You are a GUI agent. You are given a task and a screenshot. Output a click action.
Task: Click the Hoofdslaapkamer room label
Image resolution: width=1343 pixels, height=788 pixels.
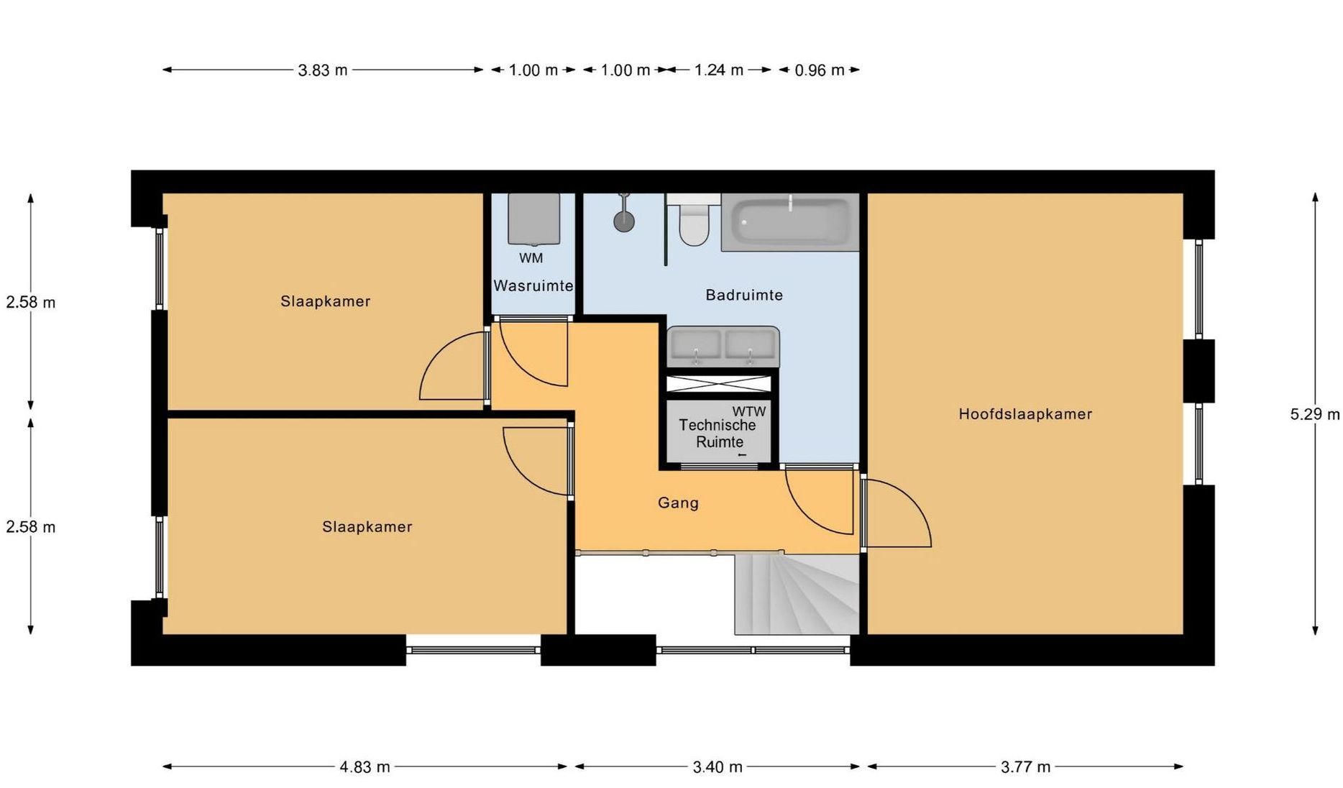click(x=1025, y=414)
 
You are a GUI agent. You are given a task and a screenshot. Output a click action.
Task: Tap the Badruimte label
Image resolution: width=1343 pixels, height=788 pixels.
click(x=744, y=295)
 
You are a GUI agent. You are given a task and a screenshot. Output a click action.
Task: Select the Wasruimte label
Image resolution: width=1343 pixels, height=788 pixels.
click(x=533, y=285)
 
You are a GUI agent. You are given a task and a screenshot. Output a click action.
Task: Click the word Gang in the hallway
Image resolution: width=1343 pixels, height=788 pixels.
click(x=678, y=503)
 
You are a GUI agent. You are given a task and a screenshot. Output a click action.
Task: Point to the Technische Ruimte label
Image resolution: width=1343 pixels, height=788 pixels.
click(x=718, y=434)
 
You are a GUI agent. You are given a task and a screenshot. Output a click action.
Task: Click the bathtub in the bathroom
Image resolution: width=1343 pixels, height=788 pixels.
click(x=790, y=222)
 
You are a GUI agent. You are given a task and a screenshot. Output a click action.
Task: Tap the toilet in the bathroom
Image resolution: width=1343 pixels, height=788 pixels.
click(x=694, y=220)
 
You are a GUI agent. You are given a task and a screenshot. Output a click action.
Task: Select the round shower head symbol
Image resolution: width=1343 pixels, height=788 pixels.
click(x=624, y=221)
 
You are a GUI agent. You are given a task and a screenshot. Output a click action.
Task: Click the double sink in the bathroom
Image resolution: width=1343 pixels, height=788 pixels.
click(x=723, y=347)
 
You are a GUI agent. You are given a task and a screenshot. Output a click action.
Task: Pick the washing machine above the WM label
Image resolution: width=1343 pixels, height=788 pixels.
click(x=533, y=219)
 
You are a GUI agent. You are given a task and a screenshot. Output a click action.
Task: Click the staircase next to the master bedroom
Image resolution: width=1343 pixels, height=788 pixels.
click(x=797, y=594)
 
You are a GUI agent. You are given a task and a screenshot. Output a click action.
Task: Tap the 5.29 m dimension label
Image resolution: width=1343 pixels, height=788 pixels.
click(x=1315, y=414)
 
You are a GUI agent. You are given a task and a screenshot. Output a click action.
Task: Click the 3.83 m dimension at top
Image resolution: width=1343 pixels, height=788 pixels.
click(x=323, y=70)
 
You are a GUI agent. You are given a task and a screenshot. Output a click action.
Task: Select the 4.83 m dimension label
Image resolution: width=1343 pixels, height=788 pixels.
click(x=365, y=767)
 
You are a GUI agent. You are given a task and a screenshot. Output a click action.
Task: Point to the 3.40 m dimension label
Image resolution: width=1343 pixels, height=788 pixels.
click(x=718, y=767)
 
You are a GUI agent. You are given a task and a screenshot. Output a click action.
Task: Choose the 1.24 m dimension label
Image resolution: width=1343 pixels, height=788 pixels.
click(x=719, y=70)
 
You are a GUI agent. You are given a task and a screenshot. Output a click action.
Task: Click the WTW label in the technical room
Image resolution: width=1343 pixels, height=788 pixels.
click(x=749, y=411)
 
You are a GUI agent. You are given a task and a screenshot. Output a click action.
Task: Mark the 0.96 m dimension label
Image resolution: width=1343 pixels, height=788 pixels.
click(x=820, y=70)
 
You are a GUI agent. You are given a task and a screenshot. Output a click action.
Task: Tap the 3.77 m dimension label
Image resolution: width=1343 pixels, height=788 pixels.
click(x=1026, y=767)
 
